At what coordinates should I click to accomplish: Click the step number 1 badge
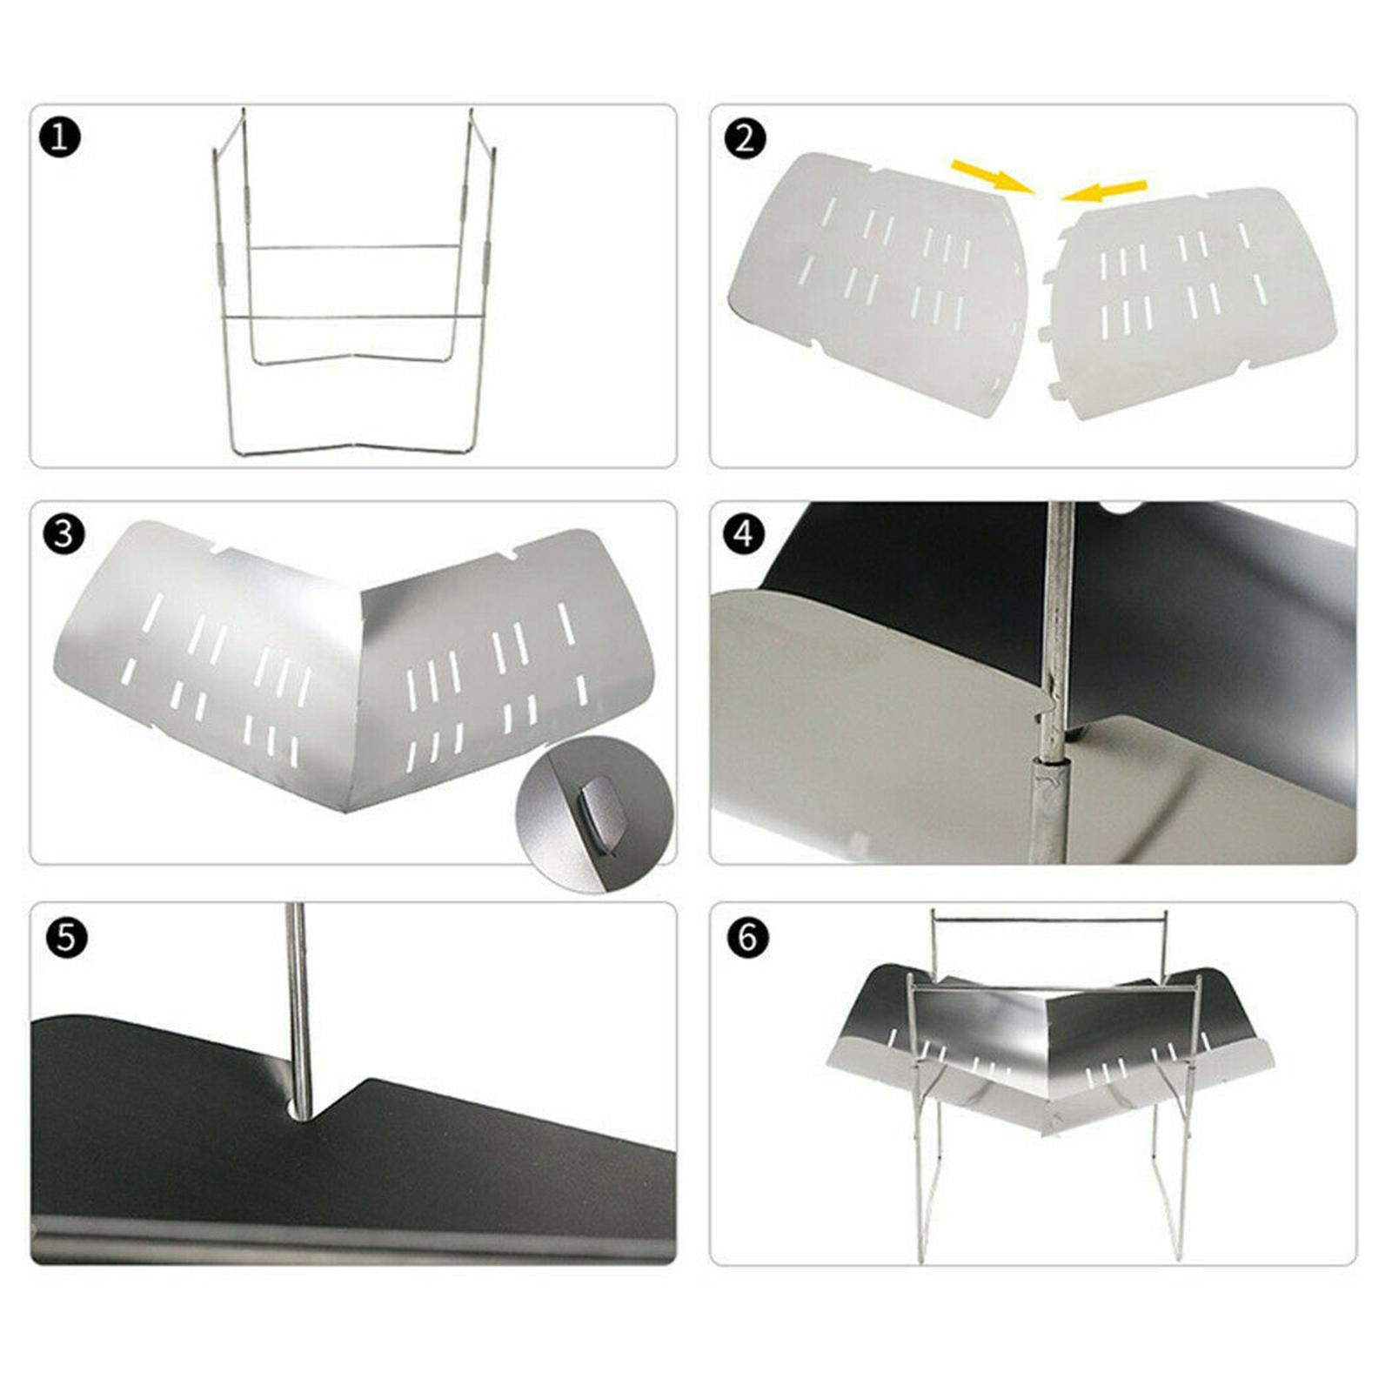tap(60, 138)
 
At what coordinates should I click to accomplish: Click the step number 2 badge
tap(745, 138)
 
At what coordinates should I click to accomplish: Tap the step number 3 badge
tap(64, 534)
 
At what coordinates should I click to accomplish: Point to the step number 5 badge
tap(66, 939)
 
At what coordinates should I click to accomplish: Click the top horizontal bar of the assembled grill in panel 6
tap(1048, 919)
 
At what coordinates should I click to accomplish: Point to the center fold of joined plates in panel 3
tap(357, 696)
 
